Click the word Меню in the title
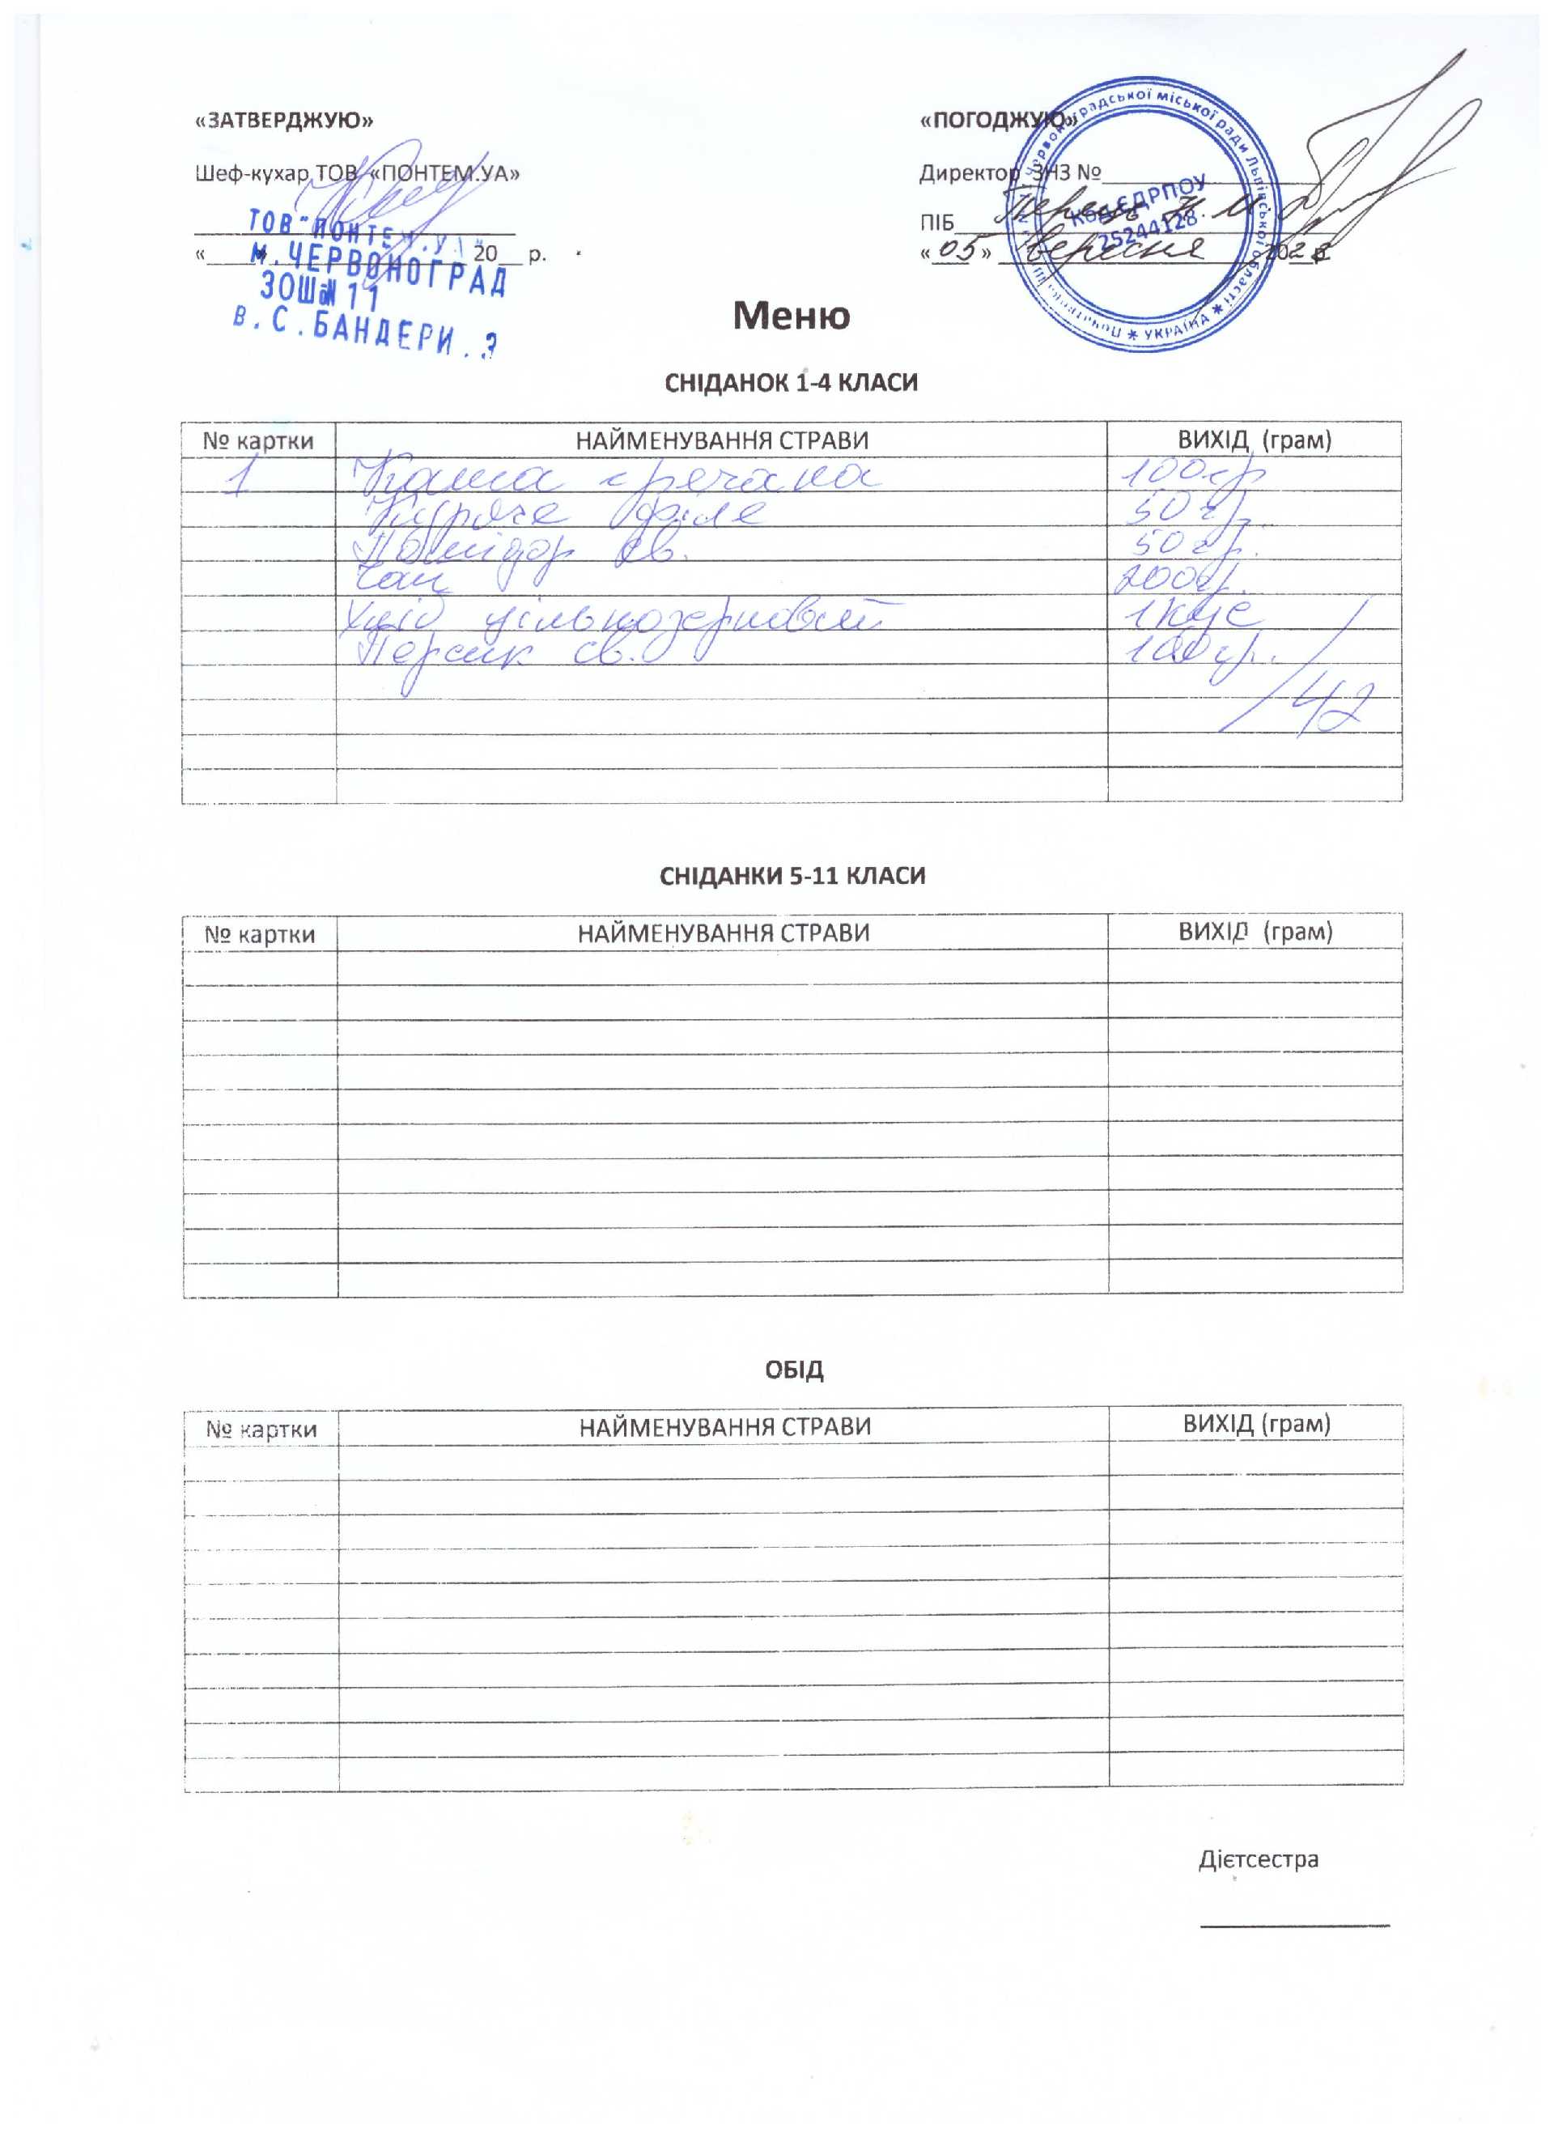pos(791,316)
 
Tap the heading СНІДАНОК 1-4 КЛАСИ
pos(791,383)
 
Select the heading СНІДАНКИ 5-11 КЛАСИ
pos(792,875)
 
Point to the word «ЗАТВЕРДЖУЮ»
pos(283,121)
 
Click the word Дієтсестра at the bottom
pos(1258,1859)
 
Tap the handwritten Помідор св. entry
pos(518,550)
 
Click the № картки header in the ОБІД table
pos(261,1430)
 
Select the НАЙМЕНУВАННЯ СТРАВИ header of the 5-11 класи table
pos(723,933)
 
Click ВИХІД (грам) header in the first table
pos(1255,439)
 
